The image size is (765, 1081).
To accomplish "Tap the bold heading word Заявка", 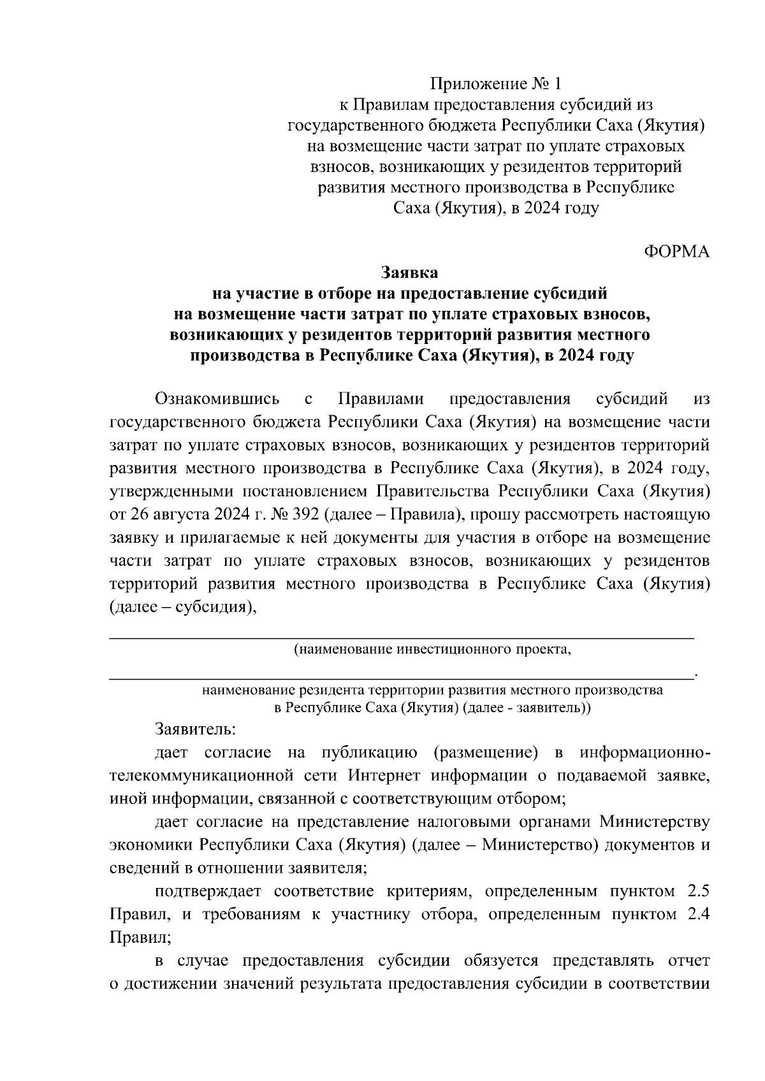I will point(409,273).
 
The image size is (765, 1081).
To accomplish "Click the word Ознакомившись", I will point(217,399).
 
